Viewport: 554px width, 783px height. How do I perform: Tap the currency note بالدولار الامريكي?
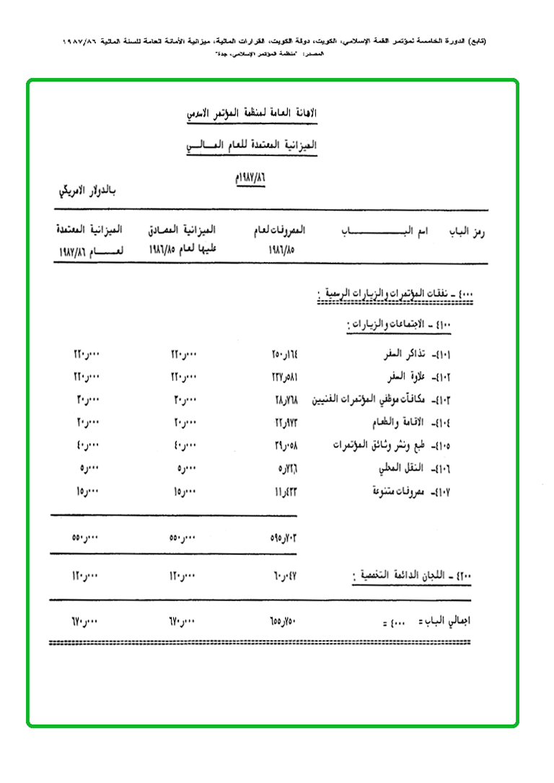pos(88,193)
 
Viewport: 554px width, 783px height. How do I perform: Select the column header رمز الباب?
pos(469,232)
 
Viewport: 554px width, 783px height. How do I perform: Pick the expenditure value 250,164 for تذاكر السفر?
pos(278,356)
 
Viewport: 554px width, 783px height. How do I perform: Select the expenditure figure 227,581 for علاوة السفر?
pos(278,377)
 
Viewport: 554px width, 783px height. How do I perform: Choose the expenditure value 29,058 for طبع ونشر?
pos(278,445)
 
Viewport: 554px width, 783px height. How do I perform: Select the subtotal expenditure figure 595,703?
pos(278,538)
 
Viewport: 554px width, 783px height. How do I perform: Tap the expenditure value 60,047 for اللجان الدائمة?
pos(278,577)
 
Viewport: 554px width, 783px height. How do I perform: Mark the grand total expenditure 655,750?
pos(278,621)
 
